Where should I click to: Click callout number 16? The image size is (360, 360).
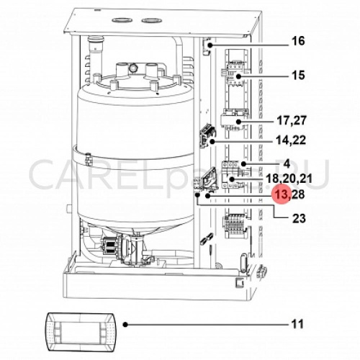(298, 41)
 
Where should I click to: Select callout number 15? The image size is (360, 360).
(298, 75)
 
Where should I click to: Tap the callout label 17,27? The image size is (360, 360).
(292, 120)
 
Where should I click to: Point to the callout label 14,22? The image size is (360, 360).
(292, 140)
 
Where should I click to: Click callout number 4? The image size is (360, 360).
(287, 163)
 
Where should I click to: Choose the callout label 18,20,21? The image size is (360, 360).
(289, 179)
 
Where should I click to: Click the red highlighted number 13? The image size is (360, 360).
(282, 194)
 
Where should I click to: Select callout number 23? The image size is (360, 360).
(299, 218)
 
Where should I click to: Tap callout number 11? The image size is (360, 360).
(297, 325)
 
